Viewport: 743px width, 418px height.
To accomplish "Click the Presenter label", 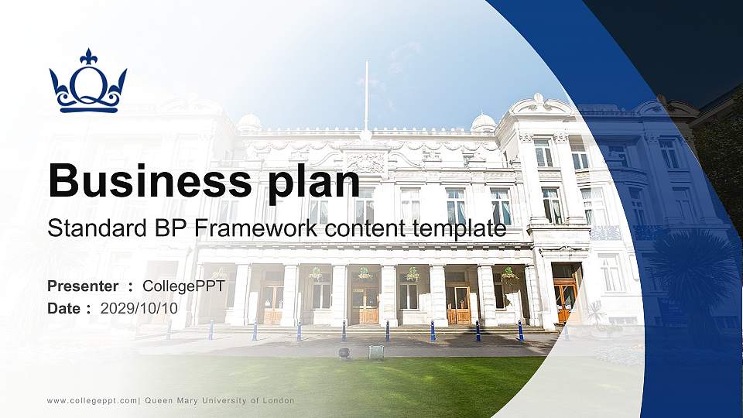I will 83,286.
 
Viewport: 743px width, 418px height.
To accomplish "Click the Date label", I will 65,308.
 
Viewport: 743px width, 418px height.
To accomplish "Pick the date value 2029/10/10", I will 139,308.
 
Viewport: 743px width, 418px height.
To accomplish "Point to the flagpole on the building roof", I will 366,97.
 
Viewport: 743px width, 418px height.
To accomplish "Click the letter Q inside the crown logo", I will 88,84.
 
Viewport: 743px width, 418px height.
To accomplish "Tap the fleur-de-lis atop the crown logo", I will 88,57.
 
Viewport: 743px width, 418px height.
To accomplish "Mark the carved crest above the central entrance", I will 365,162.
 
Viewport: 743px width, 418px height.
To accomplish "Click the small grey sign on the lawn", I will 376,352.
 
